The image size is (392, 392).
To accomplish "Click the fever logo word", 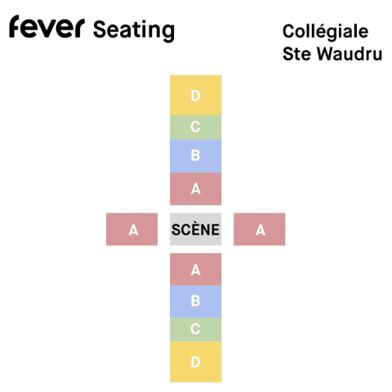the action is click(x=47, y=26).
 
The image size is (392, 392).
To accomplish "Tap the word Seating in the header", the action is click(x=134, y=30).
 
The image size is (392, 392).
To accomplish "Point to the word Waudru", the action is click(x=350, y=54).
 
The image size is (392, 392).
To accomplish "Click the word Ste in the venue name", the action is click(x=297, y=54).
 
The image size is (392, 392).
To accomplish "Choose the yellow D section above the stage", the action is click(x=196, y=96).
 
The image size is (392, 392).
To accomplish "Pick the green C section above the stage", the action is click(x=196, y=127).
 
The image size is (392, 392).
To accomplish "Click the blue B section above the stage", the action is click(x=196, y=156).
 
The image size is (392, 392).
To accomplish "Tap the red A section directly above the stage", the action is click(x=196, y=189).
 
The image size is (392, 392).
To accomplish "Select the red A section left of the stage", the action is click(x=132, y=229).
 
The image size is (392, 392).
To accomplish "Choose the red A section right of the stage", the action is click(x=260, y=229).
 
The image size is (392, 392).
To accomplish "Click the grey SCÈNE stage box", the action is click(x=196, y=229).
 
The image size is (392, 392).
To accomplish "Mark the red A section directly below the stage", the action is click(x=196, y=269).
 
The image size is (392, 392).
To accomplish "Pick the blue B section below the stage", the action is click(x=196, y=301).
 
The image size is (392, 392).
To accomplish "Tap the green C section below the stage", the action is click(x=196, y=329).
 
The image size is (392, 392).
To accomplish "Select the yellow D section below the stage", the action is click(x=196, y=362).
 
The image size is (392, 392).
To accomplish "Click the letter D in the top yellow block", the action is click(x=195, y=96).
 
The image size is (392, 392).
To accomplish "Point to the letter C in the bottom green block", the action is click(x=195, y=329).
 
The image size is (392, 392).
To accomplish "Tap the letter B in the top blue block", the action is click(x=195, y=155).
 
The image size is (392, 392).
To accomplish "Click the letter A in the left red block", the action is click(x=133, y=230).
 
